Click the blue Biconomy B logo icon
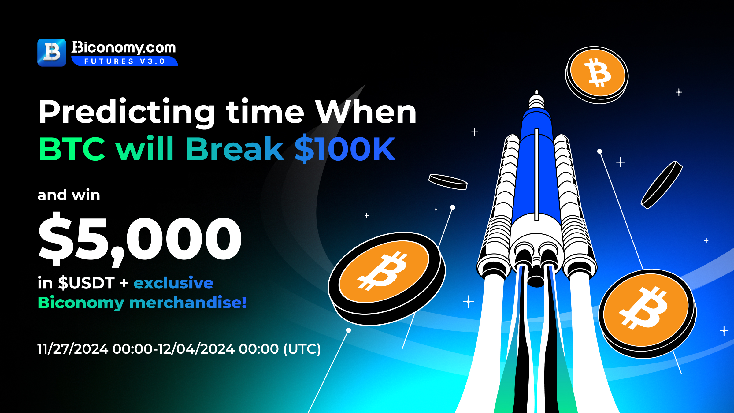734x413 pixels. click(52, 52)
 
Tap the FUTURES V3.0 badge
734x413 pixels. click(124, 61)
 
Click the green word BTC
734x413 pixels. click(72, 149)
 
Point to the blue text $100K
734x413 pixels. click(345, 149)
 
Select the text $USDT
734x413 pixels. click(86, 283)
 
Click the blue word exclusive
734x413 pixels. click(173, 283)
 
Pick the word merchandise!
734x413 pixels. click(188, 303)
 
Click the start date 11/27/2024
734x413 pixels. click(73, 349)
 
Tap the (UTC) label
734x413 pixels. click(302, 349)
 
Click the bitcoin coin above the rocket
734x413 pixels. click(597, 75)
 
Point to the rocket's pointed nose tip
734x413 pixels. click(536, 91)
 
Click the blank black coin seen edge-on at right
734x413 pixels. click(662, 185)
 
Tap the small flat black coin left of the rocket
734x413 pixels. click(448, 182)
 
